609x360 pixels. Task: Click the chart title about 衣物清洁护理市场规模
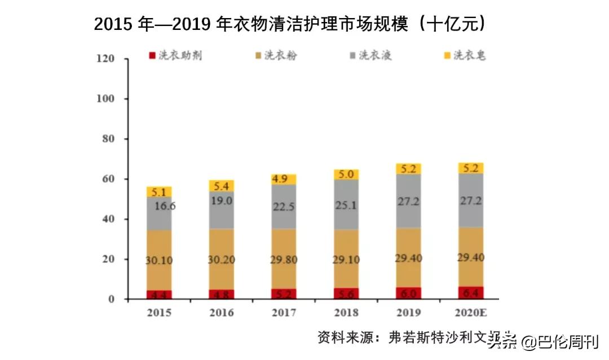tap(290, 24)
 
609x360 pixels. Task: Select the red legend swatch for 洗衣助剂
tap(151, 56)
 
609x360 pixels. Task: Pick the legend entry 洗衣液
tap(376, 55)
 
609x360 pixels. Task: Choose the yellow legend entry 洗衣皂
tap(470, 55)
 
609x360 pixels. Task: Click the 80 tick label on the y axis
tap(108, 139)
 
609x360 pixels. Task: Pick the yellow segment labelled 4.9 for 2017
tap(284, 179)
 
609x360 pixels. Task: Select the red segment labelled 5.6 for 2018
tap(346, 293)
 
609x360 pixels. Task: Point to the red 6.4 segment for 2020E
tap(470, 293)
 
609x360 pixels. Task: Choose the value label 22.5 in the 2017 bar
tap(284, 207)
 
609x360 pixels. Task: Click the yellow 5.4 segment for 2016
tap(222, 186)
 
